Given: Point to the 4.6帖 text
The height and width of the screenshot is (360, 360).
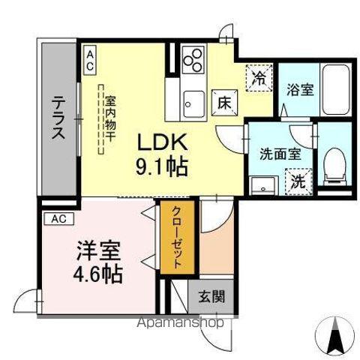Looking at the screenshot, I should [x=98, y=271].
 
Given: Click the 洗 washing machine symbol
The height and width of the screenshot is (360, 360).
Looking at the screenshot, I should [x=298, y=181].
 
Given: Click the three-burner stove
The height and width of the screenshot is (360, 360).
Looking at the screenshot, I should [x=193, y=60].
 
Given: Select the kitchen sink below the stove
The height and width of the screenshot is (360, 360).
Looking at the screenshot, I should [x=193, y=100].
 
